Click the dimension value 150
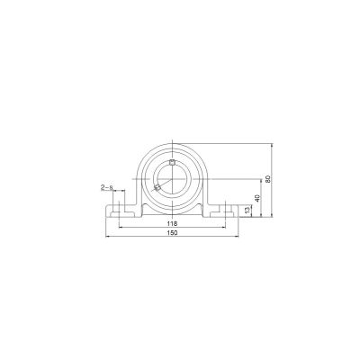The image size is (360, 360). [172, 233]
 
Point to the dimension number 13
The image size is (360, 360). [247, 210]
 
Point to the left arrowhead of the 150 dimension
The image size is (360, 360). [108, 238]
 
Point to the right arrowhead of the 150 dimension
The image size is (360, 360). [237, 238]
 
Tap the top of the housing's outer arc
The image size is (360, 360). [173, 141]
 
